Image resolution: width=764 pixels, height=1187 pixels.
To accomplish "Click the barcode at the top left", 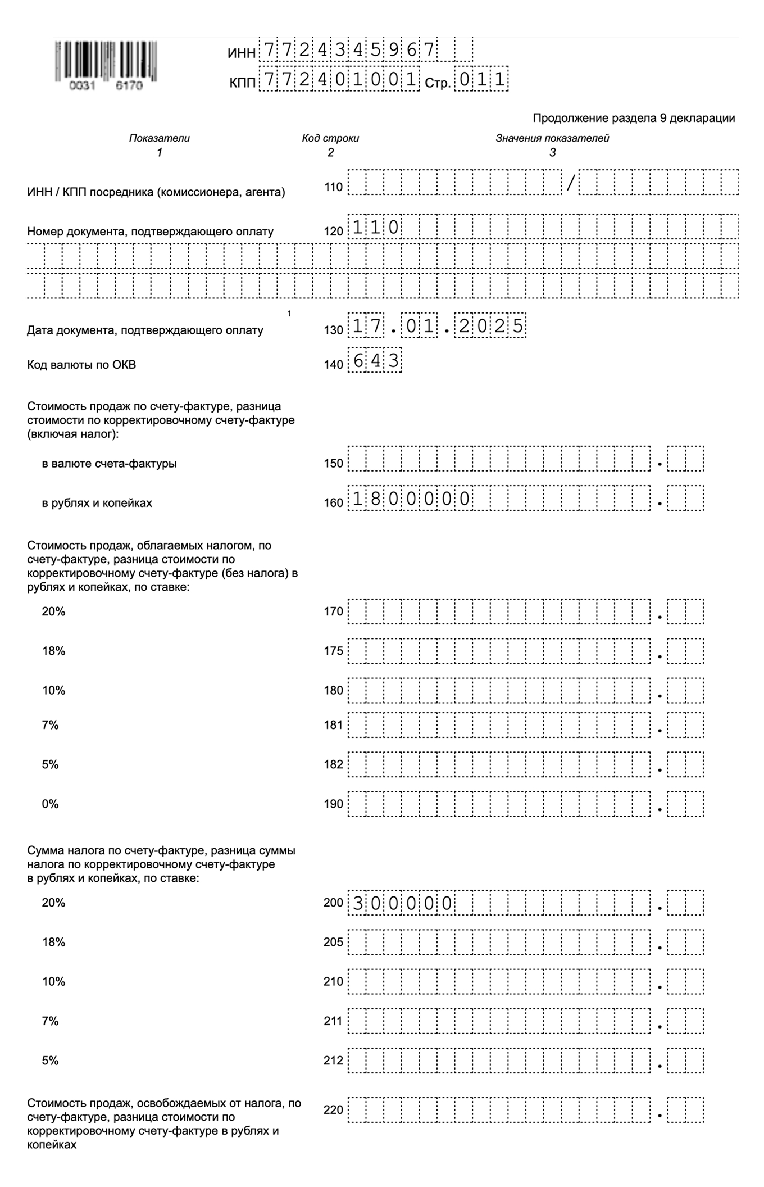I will pyautogui.click(x=106, y=61).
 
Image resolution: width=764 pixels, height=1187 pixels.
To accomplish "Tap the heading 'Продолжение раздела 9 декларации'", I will pyautogui.click(x=633, y=118).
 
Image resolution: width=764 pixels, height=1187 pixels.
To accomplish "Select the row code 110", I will pyautogui.click(x=333, y=187).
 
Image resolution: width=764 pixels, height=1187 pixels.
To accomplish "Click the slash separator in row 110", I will pyautogui.click(x=570, y=183).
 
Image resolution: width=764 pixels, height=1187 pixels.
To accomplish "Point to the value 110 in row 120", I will pyautogui.click(x=375, y=228).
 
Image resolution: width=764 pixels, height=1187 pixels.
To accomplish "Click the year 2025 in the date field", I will pyautogui.click(x=492, y=327).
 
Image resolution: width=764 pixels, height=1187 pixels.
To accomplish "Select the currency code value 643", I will pyautogui.click(x=375, y=361).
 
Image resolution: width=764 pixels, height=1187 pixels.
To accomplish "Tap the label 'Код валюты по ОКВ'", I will pyautogui.click(x=81, y=365).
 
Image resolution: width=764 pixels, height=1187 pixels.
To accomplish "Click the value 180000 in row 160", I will pyautogui.click(x=411, y=499).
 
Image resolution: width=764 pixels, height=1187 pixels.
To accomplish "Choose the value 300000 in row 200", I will pyautogui.click(x=402, y=903).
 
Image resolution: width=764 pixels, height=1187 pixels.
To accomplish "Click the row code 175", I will pyautogui.click(x=333, y=651).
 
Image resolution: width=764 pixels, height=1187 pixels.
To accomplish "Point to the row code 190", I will pyautogui.click(x=333, y=804).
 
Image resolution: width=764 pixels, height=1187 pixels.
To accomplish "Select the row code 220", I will pyautogui.click(x=333, y=1109).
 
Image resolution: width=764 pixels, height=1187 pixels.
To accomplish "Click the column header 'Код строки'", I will pyautogui.click(x=330, y=138).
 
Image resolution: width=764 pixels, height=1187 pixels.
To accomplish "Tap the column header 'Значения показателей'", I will pyautogui.click(x=552, y=138).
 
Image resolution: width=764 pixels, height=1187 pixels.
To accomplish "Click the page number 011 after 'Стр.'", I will pyautogui.click(x=481, y=80).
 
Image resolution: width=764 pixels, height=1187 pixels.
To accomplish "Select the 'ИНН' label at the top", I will pyautogui.click(x=242, y=53).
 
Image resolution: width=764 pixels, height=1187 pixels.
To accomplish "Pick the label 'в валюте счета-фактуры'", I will pyautogui.click(x=109, y=464).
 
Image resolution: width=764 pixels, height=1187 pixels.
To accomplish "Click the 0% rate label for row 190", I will pyautogui.click(x=50, y=804).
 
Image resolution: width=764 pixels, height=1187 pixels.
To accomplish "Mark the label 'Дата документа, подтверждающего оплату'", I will pyautogui.click(x=145, y=330).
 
